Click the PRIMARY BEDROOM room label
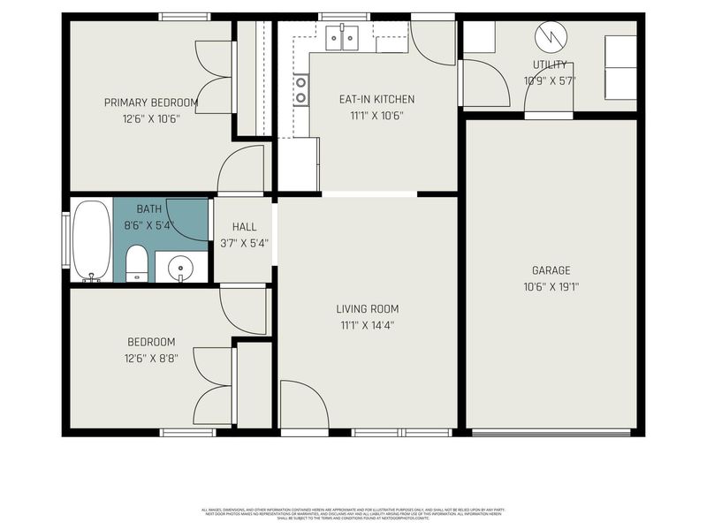pyautogui.click(x=150, y=102)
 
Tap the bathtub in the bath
pyautogui.click(x=92, y=240)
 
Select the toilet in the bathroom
pyautogui.click(x=136, y=263)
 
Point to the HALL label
pyautogui.click(x=244, y=227)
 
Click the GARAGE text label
pyautogui.click(x=551, y=270)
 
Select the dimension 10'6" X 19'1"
pyautogui.click(x=551, y=286)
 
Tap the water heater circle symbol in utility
pyautogui.click(x=548, y=36)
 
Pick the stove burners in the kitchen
pyautogui.click(x=301, y=89)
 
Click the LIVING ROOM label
pyautogui.click(x=367, y=309)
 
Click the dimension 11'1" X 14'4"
pyautogui.click(x=367, y=324)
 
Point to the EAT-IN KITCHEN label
pyautogui.click(x=376, y=99)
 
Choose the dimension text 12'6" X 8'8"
pyautogui.click(x=150, y=358)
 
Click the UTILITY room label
pyautogui.click(x=550, y=65)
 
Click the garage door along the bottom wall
pyautogui.click(x=551, y=432)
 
